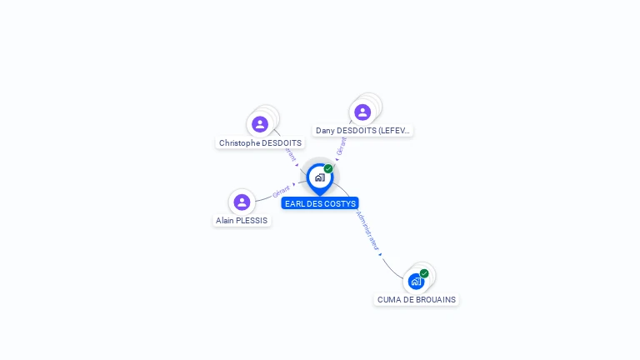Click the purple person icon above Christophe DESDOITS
coord(260,124)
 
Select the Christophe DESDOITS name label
coord(260,143)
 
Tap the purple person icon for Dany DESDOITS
coord(362,112)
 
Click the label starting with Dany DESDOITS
coord(362,131)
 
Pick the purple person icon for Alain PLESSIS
coord(242,202)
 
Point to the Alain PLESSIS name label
coord(242,221)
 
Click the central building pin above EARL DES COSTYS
coord(319,177)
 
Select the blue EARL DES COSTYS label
coord(320,203)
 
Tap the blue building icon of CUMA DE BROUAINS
coord(416,282)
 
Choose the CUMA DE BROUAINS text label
coord(417,300)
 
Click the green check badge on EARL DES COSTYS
coord(328,168)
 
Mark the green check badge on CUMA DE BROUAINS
coord(424,273)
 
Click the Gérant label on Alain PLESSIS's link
coord(281,192)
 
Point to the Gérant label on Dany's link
coord(342,147)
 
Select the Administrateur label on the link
coord(367,231)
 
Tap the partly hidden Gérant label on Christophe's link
coord(289,155)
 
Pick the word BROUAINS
coord(437,300)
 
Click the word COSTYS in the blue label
coord(339,203)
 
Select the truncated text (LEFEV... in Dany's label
coord(394,131)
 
